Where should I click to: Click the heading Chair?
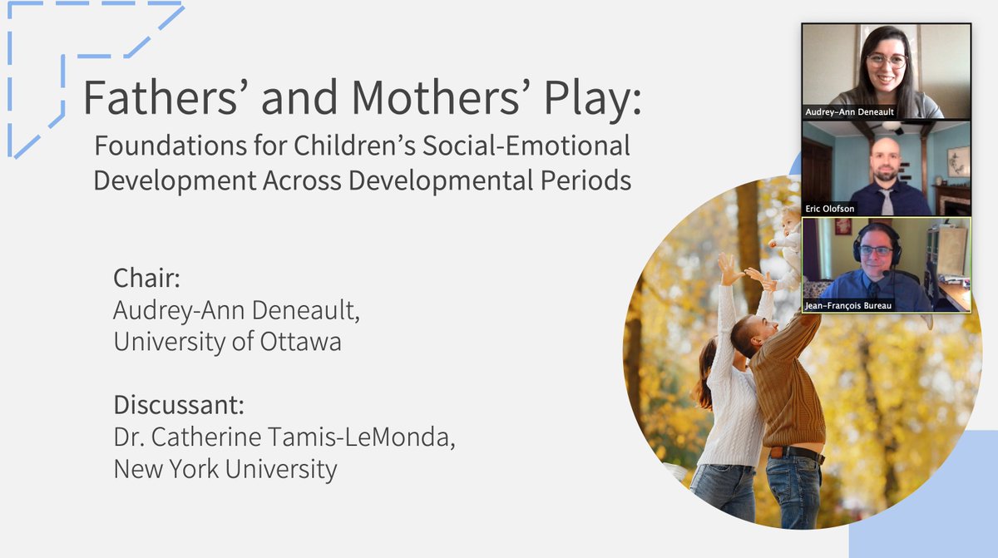tap(146, 278)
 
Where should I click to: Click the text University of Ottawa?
tap(227, 342)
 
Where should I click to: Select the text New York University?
tap(225, 469)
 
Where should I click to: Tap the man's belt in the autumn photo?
tap(796, 453)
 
